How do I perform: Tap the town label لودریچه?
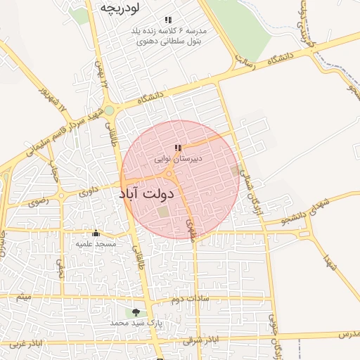(117, 8)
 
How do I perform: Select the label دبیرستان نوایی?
(179, 160)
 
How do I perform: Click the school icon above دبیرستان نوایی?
(179, 148)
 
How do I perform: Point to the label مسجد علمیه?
(96, 243)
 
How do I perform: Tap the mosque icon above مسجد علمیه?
(96, 233)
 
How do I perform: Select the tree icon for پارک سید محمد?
(136, 311)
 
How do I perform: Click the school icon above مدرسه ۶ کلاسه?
(167, 20)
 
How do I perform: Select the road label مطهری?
(191, 229)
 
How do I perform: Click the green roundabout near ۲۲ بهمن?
(109, 110)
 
